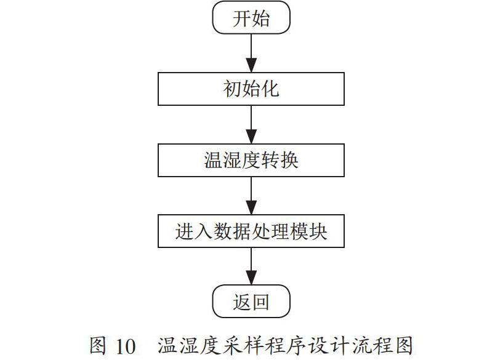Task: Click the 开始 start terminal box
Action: [251, 17]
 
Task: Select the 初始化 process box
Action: [251, 89]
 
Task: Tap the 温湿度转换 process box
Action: [251, 160]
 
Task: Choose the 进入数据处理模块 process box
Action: [251, 231]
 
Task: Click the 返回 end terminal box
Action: [251, 302]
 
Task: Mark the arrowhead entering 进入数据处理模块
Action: [251, 207]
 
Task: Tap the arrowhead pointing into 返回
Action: [251, 278]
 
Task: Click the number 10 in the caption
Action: [126, 346]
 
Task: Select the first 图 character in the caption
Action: [97, 345]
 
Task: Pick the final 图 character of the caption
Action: [404, 345]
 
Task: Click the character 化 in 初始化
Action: [270, 89]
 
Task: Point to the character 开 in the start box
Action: [241, 18]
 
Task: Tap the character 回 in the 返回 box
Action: [261, 302]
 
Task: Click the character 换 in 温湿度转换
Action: [289, 160]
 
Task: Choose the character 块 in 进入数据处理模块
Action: [318, 231]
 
